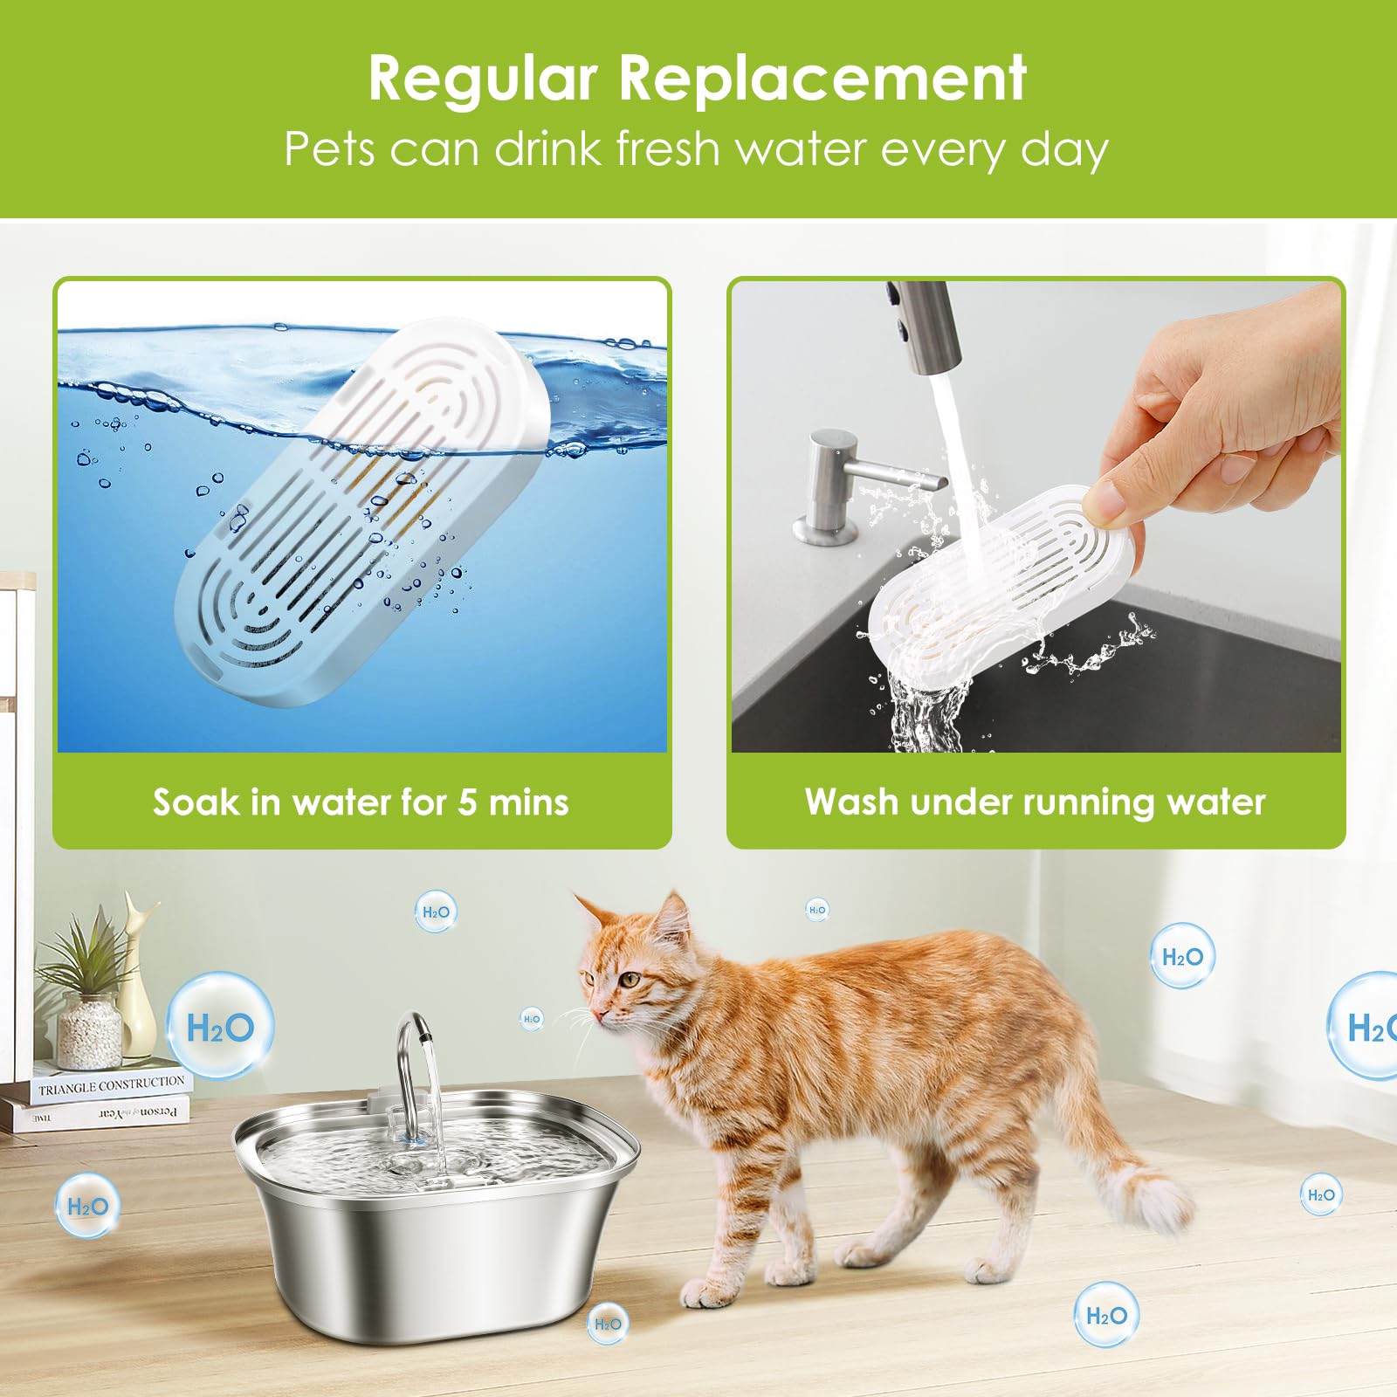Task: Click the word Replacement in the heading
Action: coord(822,79)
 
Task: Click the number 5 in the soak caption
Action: coord(467,802)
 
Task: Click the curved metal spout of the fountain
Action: coord(414,1048)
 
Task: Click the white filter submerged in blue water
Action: coord(358,515)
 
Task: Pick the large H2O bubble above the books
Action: coord(220,1027)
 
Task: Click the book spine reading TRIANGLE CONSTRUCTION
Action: coord(111,1085)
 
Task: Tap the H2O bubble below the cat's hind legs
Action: coord(1106,1315)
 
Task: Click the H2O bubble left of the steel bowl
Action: coord(87,1207)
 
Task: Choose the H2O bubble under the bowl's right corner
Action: coord(608,1324)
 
